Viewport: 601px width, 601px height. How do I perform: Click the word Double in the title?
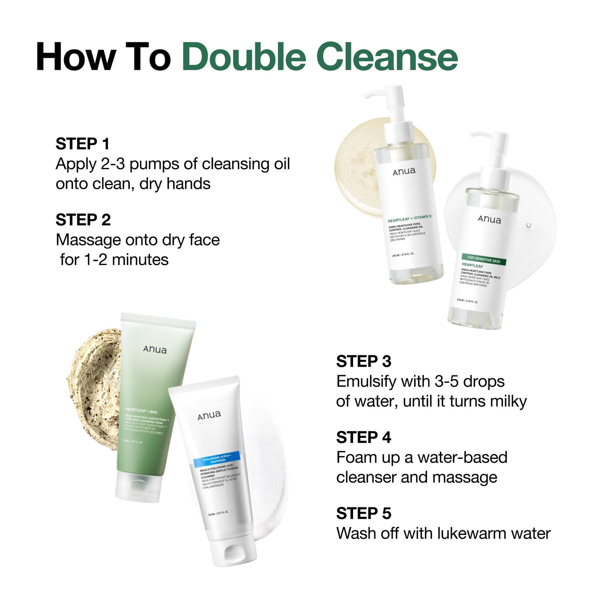[x=245, y=57]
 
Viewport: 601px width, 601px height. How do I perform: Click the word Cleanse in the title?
[x=387, y=57]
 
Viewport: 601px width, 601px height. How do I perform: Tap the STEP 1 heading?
[x=82, y=144]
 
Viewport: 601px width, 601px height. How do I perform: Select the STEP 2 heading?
[x=83, y=220]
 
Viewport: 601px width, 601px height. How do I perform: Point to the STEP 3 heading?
[x=364, y=361]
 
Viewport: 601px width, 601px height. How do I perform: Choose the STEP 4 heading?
[x=364, y=438]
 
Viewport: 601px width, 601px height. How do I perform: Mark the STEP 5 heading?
[x=364, y=514]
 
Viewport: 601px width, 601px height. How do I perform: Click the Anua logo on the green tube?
[x=155, y=349]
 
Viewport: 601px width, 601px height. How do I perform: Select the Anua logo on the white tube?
[x=209, y=415]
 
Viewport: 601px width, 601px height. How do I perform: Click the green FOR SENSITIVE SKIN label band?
[x=483, y=259]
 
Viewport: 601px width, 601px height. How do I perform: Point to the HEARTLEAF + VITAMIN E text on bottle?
[x=409, y=219]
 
